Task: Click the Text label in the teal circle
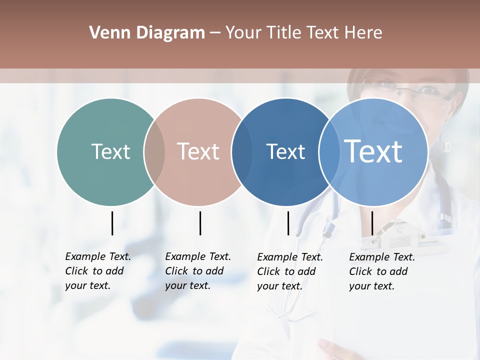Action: point(110,151)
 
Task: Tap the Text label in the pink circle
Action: point(198,151)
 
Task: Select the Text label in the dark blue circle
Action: point(285,151)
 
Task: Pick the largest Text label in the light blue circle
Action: point(373,151)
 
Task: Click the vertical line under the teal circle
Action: point(112,223)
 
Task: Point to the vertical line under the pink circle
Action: point(200,223)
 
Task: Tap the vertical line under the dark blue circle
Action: point(288,223)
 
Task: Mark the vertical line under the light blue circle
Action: point(372,223)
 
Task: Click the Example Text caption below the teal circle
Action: point(98,271)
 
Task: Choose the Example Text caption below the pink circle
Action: point(198,271)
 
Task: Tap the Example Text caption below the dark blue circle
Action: point(290,271)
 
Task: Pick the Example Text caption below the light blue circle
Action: point(382,271)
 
